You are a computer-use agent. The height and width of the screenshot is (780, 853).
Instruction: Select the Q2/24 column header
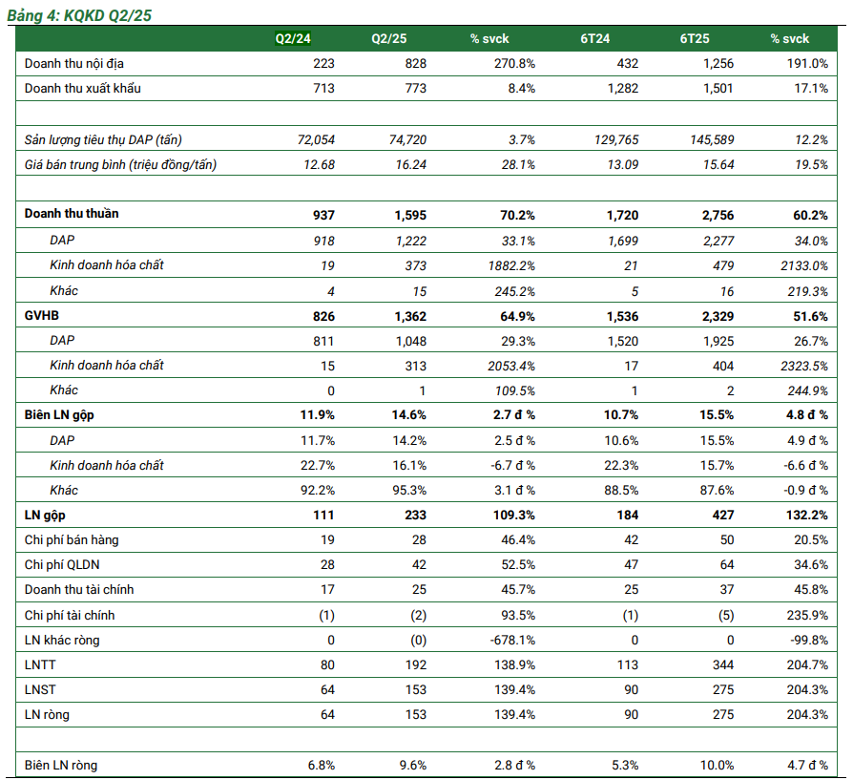pos(293,38)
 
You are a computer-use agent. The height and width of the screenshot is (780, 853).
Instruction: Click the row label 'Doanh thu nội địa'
pos(73,63)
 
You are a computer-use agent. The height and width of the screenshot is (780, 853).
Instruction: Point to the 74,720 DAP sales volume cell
pos(407,139)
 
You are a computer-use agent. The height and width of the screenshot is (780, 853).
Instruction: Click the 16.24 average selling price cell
pos(411,164)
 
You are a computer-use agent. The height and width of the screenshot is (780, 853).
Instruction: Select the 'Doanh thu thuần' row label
pos(72,214)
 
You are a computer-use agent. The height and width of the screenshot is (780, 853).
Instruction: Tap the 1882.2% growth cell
pos(510,264)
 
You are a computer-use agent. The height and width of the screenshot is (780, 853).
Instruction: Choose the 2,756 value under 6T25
pos(716,215)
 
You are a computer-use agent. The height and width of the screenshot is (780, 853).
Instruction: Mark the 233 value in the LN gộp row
pos(415,516)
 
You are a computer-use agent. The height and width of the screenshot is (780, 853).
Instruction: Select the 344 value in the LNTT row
pos(722,665)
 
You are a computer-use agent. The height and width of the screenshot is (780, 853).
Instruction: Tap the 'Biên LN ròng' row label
pos(60,765)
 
